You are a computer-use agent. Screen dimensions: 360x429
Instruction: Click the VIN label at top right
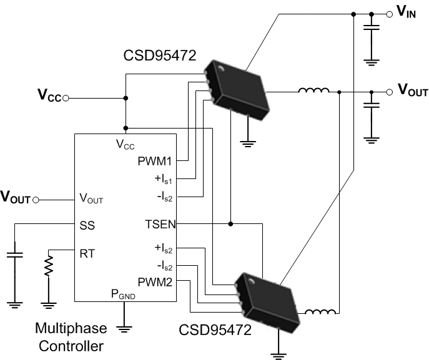click(x=408, y=12)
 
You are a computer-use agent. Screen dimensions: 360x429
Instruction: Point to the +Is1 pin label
click(x=164, y=180)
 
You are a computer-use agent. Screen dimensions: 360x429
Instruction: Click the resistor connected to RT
click(x=48, y=268)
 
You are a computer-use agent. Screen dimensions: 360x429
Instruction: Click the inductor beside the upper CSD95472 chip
click(x=313, y=92)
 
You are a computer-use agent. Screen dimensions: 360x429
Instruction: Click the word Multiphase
click(x=71, y=328)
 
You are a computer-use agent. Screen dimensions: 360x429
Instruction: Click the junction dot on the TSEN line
click(x=230, y=223)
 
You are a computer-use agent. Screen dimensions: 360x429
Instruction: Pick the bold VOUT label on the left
click(x=15, y=200)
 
